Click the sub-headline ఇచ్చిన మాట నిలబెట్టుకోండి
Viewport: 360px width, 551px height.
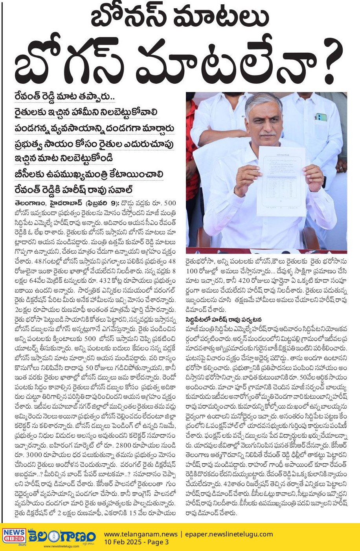pos(63,158)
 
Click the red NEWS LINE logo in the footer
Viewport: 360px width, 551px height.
pos(14,536)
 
